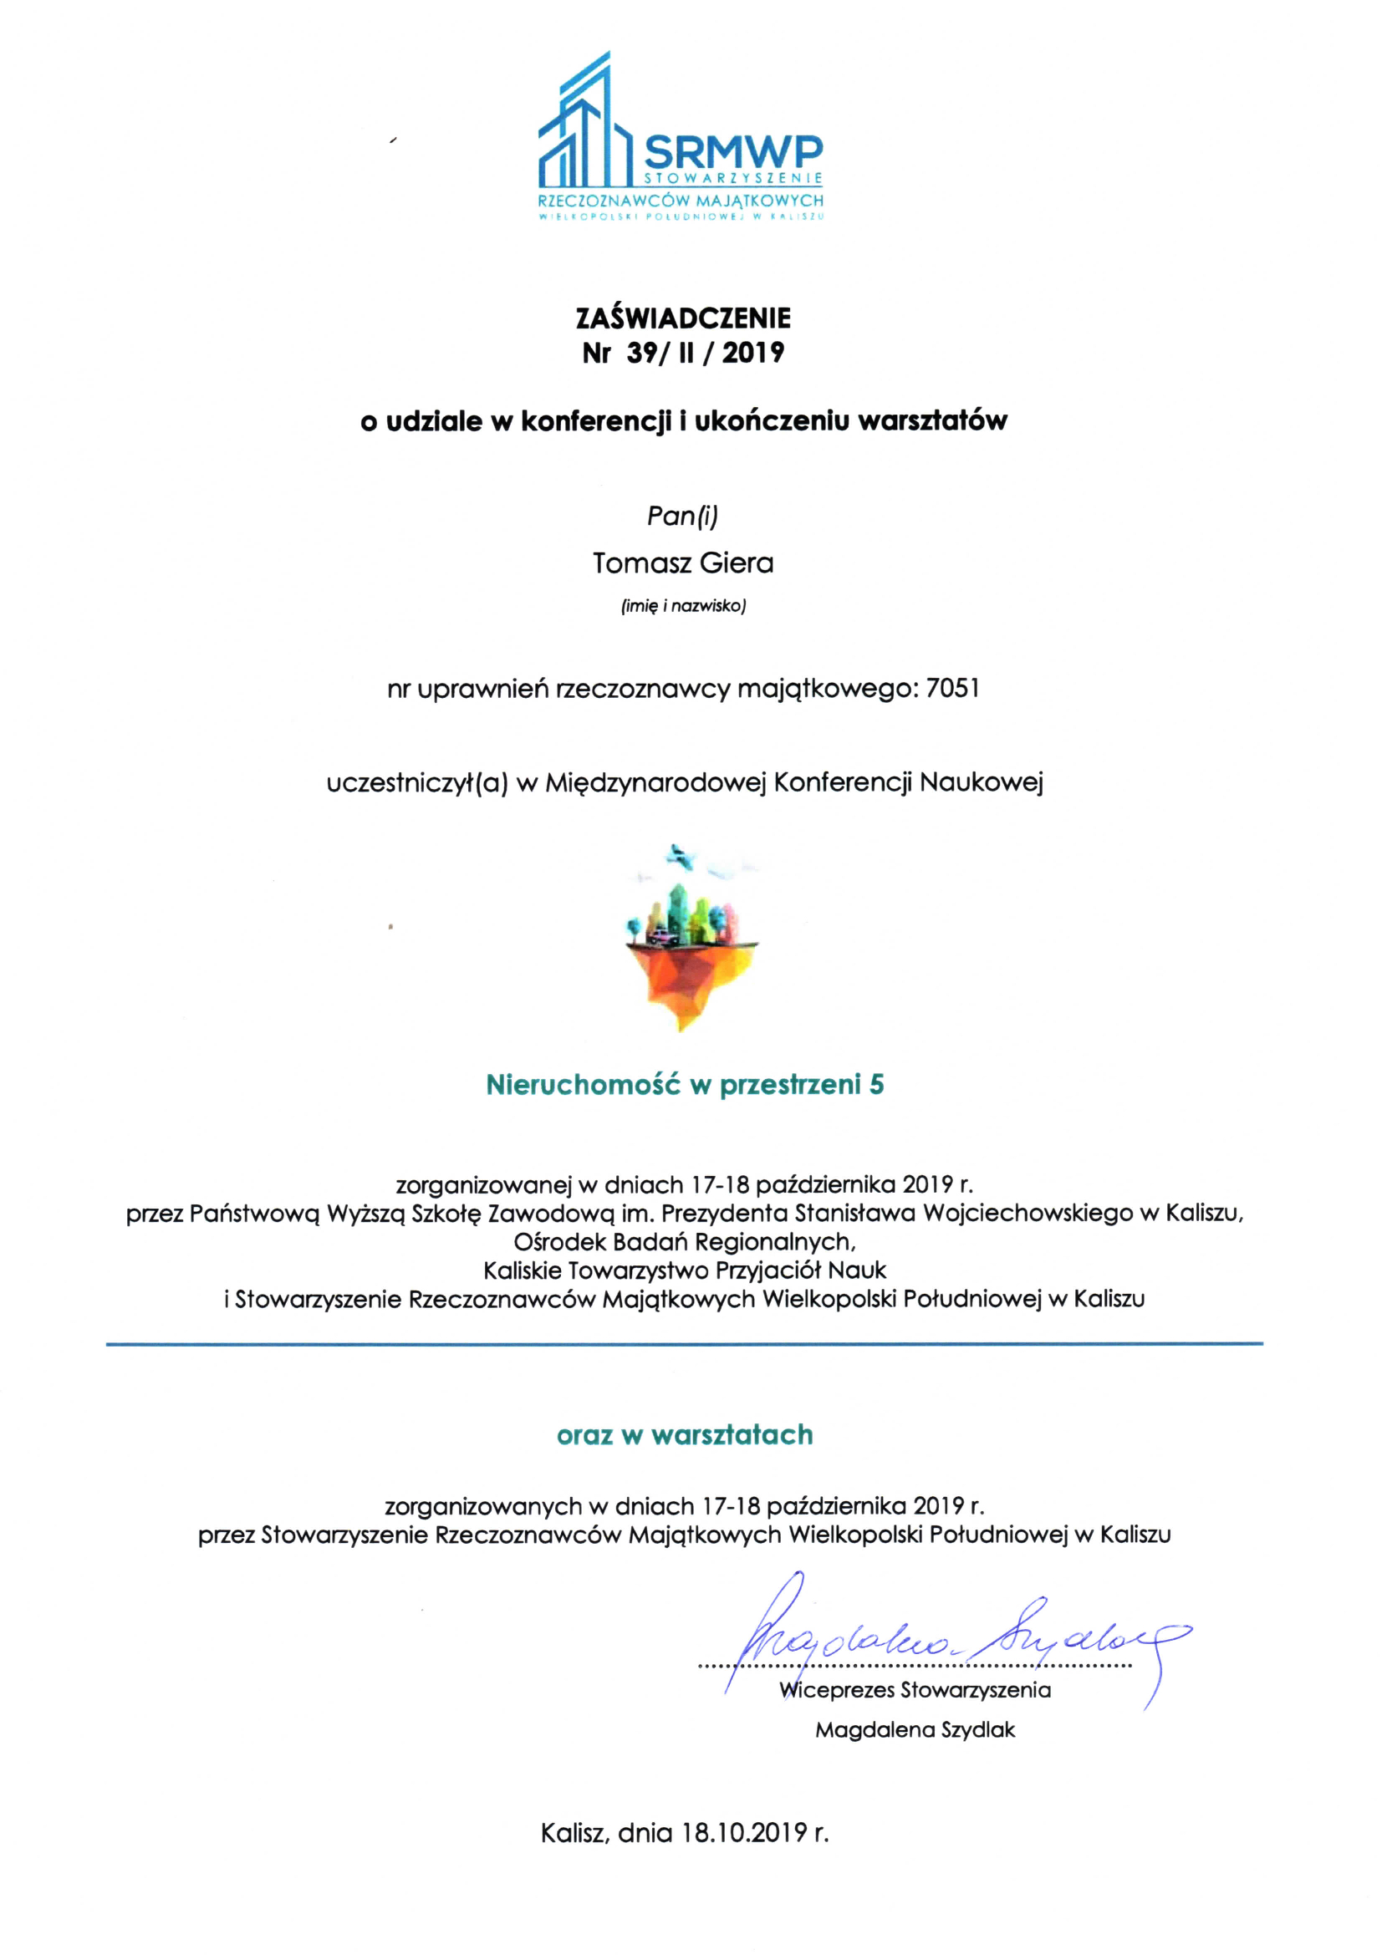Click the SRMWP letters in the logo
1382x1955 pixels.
pyautogui.click(x=733, y=151)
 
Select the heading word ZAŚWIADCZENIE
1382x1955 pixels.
pyautogui.click(x=683, y=318)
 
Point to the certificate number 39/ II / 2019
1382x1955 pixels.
pyautogui.click(x=705, y=353)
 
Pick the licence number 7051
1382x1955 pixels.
pyautogui.click(x=954, y=688)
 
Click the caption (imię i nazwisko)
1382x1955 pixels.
pyautogui.click(x=683, y=606)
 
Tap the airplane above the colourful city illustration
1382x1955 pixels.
pyautogui.click(x=680, y=855)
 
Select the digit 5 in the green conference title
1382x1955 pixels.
pyautogui.click(x=876, y=1085)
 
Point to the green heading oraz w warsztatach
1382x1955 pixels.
pyautogui.click(x=685, y=1435)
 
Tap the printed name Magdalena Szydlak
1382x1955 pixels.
pyautogui.click(x=915, y=1729)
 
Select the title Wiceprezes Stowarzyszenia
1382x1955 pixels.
pyautogui.click(x=915, y=1690)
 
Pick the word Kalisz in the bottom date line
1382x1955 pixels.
pyautogui.click(x=573, y=1832)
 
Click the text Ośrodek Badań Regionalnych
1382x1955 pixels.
pyautogui.click(x=685, y=1241)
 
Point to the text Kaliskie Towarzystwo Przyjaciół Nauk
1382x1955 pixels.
pyautogui.click(x=685, y=1270)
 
